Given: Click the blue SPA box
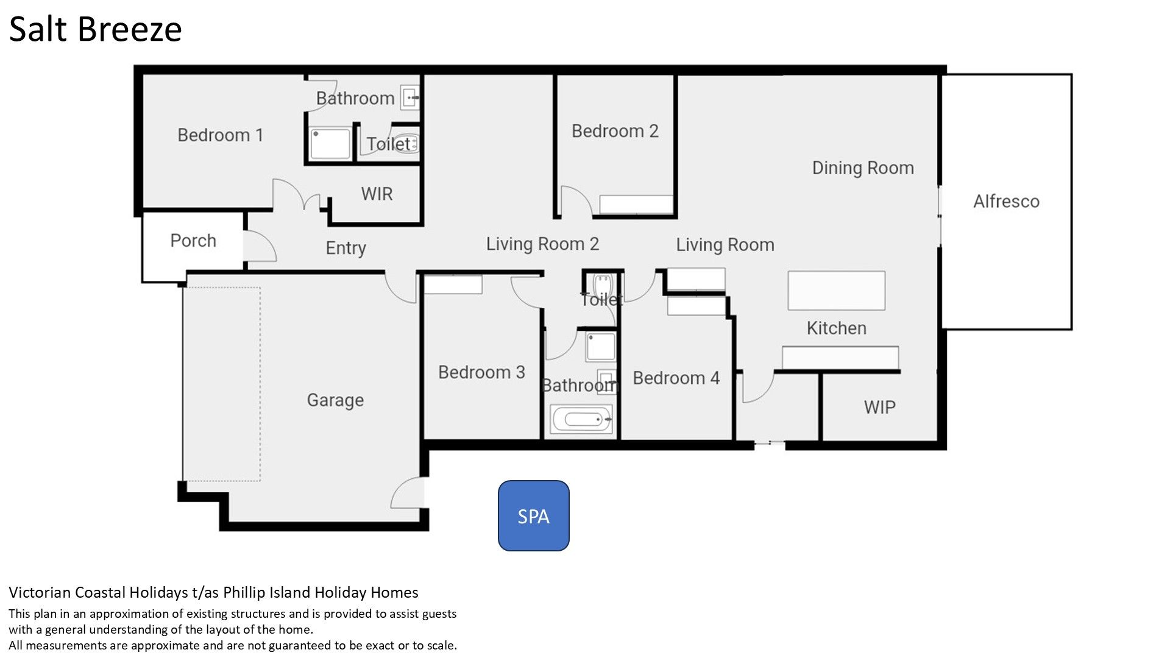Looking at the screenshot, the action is [533, 515].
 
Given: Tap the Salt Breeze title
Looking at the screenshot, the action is [96, 29].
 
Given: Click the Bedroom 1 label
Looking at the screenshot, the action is [220, 135].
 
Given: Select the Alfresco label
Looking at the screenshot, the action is [1006, 201].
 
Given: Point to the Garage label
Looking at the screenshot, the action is [335, 400].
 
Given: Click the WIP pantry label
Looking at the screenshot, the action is [879, 407].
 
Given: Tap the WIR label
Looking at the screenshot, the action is [377, 194].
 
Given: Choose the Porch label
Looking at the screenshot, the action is [193, 241].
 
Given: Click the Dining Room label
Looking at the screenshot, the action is [863, 168].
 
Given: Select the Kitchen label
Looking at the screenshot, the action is [836, 328].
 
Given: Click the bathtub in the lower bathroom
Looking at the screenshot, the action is [581, 419].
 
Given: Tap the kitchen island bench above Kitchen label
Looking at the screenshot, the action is [836, 291].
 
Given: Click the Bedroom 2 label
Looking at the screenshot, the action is [615, 131].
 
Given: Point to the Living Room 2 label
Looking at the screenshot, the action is [542, 244].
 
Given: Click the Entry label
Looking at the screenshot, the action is [346, 248].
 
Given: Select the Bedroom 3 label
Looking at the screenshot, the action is [481, 372].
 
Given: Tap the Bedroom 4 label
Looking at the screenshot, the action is [676, 378].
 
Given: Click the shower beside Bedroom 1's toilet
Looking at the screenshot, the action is [330, 144].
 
